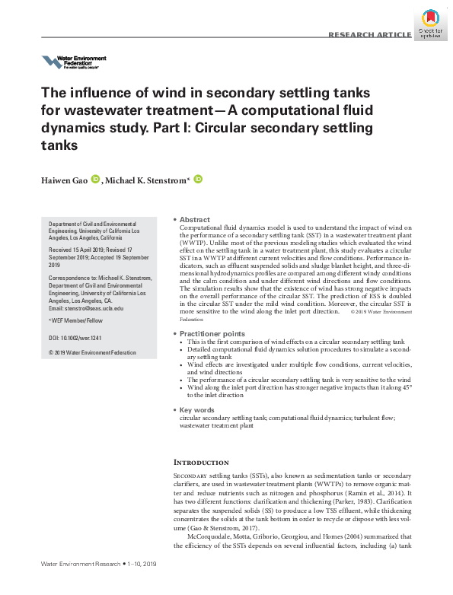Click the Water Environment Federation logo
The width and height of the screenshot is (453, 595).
[73, 62]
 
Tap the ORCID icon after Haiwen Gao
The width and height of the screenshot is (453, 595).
[96, 180]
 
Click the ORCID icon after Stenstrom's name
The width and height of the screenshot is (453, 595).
[198, 180]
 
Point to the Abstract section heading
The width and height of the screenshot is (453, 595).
[194, 219]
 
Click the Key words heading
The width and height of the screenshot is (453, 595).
[197, 410]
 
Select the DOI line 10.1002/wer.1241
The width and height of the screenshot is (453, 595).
[79, 336]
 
